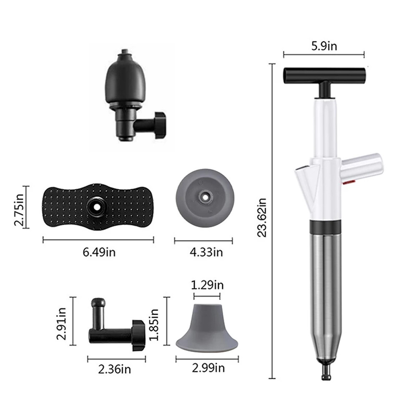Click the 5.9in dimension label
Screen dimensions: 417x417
click(x=324, y=45)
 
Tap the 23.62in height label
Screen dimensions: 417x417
click(x=262, y=217)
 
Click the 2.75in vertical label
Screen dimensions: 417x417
click(x=19, y=207)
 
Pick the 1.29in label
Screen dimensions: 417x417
click(x=207, y=285)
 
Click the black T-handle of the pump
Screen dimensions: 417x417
click(x=324, y=75)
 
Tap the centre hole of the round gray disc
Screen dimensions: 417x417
click(x=204, y=195)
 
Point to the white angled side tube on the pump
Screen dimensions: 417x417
click(x=361, y=167)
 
